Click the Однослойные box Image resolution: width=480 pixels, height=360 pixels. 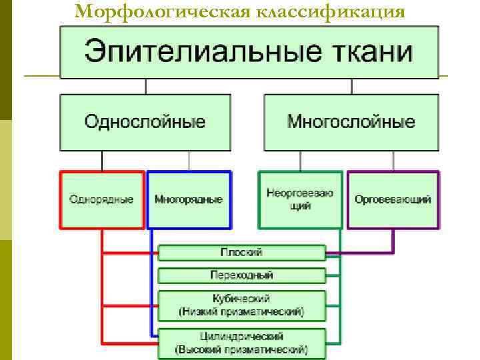(x=145, y=122)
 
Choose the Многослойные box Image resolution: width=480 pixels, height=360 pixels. (x=351, y=122)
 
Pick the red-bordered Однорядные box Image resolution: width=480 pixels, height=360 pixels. (x=101, y=200)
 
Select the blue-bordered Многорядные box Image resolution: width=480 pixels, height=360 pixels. (x=189, y=200)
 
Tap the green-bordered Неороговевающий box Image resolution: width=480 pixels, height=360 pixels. (x=300, y=200)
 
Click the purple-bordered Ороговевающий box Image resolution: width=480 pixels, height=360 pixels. (x=393, y=200)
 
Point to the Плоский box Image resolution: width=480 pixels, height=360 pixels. (x=241, y=253)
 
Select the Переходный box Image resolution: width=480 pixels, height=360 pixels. (x=241, y=275)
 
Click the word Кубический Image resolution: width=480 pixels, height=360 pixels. (x=241, y=299)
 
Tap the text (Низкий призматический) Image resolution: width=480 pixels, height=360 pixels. (x=241, y=311)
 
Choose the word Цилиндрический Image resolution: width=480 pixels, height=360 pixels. (x=241, y=336)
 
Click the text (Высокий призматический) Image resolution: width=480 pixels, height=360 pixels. (x=241, y=349)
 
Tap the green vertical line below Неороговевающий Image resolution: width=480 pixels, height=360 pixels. (x=340, y=287)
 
